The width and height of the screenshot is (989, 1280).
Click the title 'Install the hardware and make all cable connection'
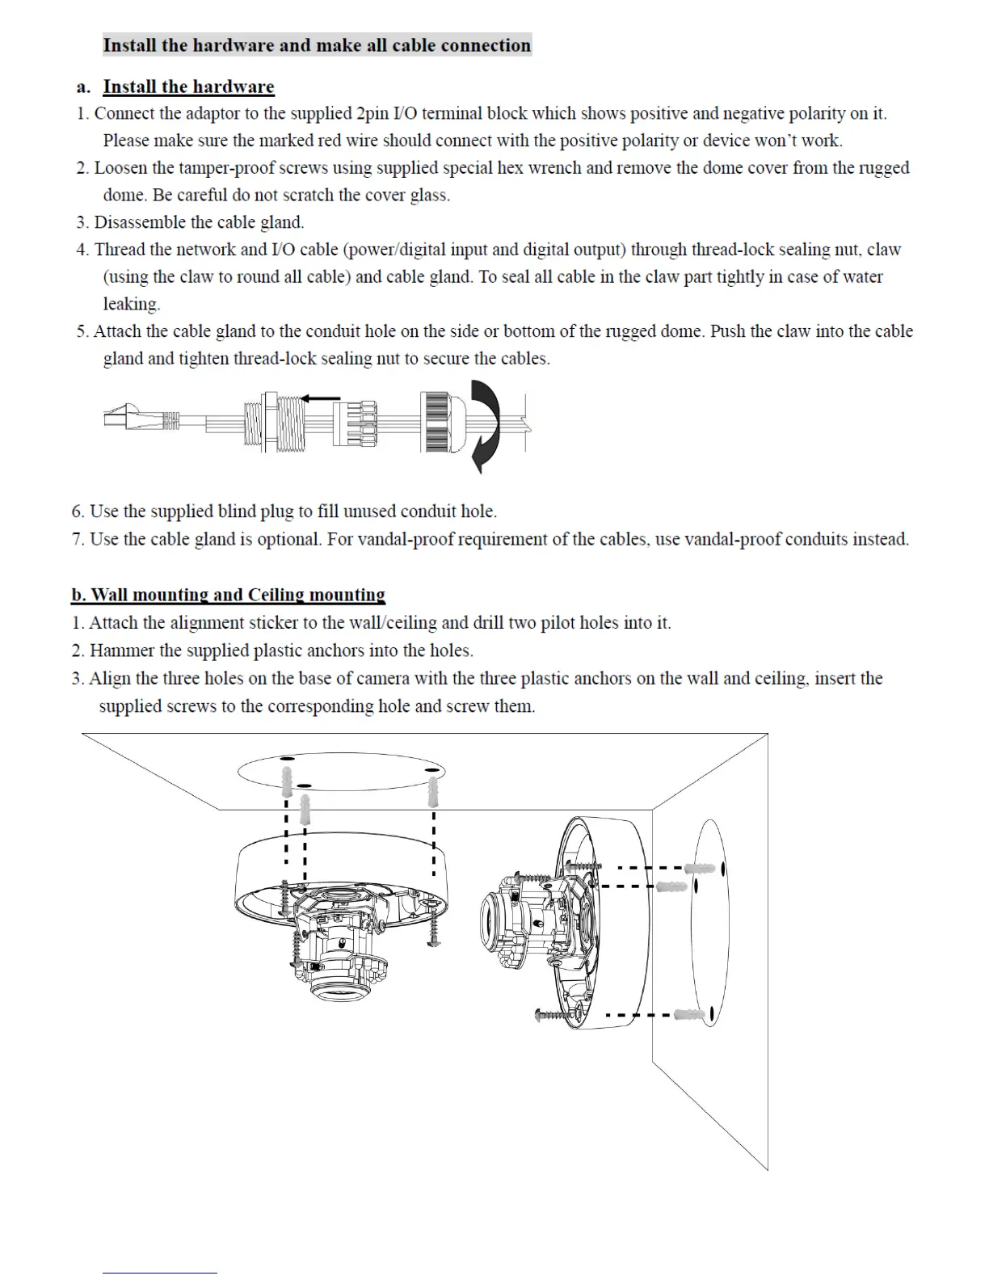(317, 45)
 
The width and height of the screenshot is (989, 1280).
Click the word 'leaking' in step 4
(130, 305)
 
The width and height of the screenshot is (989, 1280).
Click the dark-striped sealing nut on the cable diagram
(435, 422)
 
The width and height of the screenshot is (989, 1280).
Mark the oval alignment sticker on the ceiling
(341, 772)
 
